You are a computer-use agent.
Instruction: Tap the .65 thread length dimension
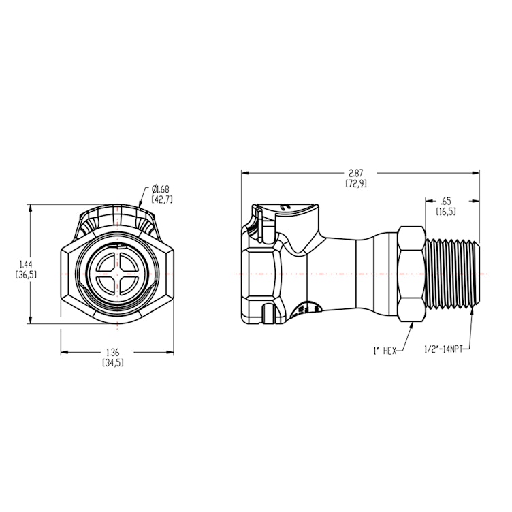(x=446, y=201)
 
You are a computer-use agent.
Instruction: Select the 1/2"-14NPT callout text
(x=445, y=351)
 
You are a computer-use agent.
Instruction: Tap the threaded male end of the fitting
(x=453, y=273)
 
